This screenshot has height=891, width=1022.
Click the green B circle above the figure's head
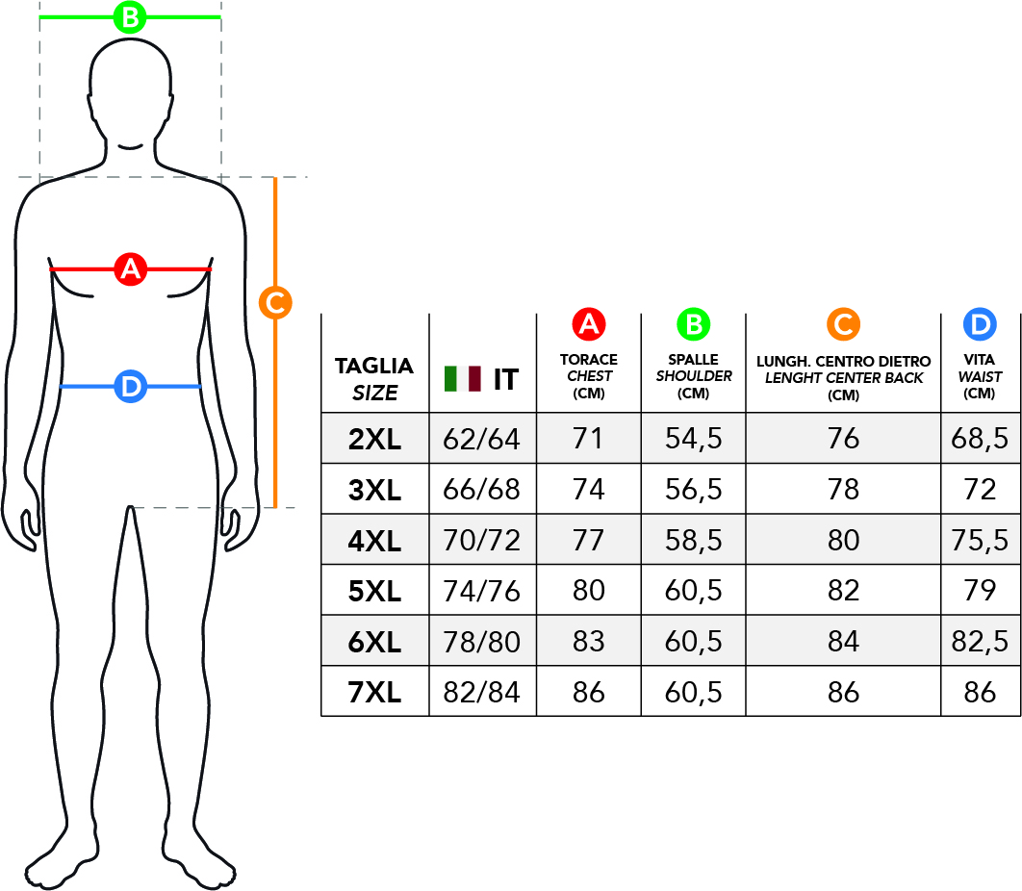coord(130,17)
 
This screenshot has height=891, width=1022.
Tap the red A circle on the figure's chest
coord(130,269)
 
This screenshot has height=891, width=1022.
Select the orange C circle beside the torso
coord(275,303)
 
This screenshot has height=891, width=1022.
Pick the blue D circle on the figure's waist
coord(130,387)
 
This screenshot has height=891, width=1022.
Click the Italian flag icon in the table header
coord(463,379)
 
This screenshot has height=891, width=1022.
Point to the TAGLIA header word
coord(374,367)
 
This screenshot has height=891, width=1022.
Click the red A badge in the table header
coord(589,324)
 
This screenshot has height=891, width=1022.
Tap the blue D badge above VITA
coord(980,324)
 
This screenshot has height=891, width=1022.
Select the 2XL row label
coord(374,440)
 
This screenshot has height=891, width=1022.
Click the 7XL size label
coord(374,692)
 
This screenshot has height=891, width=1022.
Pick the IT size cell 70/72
coord(482,541)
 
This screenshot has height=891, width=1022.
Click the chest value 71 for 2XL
coord(588,438)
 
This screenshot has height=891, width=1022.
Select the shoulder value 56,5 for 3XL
coord(694,489)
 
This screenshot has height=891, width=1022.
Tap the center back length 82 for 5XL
coord(843,591)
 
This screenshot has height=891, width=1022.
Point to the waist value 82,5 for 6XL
coord(980,642)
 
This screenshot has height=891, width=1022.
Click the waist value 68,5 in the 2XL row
coord(980,438)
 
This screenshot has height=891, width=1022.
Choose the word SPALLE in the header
coord(693,359)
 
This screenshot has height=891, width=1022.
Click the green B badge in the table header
coord(694,324)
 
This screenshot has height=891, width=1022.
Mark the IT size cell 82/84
coord(482,692)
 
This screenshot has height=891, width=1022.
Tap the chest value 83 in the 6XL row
coord(589,642)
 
